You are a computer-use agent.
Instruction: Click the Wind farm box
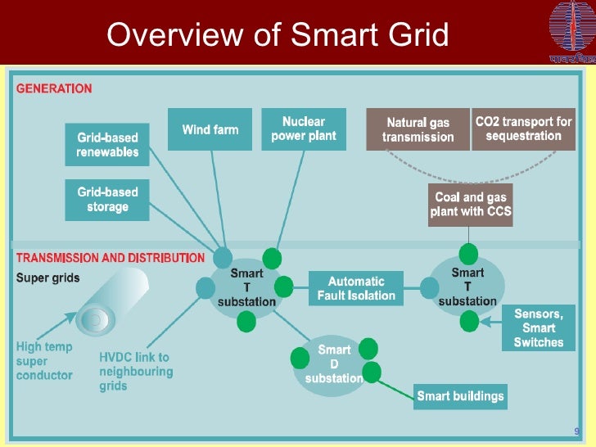pyautogui.click(x=210, y=129)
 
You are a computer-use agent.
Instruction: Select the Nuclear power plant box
pyautogui.click(x=303, y=129)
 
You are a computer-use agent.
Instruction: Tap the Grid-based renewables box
pyautogui.click(x=107, y=145)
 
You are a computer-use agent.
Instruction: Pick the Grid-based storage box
pyautogui.click(x=107, y=200)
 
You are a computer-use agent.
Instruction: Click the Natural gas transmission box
pyautogui.click(x=418, y=129)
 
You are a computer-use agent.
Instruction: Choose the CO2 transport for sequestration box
pyautogui.click(x=523, y=129)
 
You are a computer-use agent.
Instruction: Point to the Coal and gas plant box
pyautogui.click(x=470, y=204)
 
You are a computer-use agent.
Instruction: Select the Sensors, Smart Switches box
pyautogui.click(x=538, y=327)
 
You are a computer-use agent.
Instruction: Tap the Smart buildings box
pyautogui.click(x=460, y=397)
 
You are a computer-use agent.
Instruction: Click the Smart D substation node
pyautogui.click(x=334, y=364)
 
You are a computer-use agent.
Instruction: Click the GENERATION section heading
pyautogui.click(x=55, y=88)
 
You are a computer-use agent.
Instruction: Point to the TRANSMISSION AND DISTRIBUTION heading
pyautogui.click(x=111, y=258)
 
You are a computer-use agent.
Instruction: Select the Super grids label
pyautogui.click(x=48, y=278)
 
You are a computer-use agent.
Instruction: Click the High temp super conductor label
pyautogui.click(x=44, y=361)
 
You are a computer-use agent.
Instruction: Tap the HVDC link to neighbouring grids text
pyautogui.click(x=136, y=371)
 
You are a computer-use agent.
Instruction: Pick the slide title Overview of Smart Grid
pyautogui.click(x=278, y=35)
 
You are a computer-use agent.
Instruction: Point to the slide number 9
pyautogui.click(x=576, y=431)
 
